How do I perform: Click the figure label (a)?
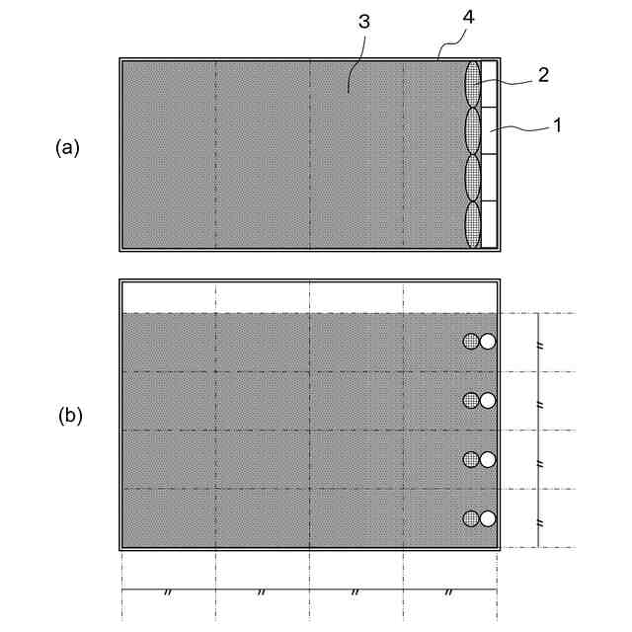[x=67, y=148]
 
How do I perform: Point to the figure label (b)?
[x=69, y=416]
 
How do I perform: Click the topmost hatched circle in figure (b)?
[x=472, y=342]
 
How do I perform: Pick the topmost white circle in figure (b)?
[x=488, y=342]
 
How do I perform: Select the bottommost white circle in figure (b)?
[x=488, y=517]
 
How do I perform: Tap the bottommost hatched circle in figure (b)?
[x=472, y=517]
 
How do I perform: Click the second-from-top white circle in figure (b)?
[x=488, y=400]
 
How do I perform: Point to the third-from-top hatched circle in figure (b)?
[x=472, y=458]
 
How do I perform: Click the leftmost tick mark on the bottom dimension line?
[x=168, y=592]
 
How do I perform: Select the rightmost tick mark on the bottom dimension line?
[x=449, y=592]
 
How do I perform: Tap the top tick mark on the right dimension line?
[x=538, y=343]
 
